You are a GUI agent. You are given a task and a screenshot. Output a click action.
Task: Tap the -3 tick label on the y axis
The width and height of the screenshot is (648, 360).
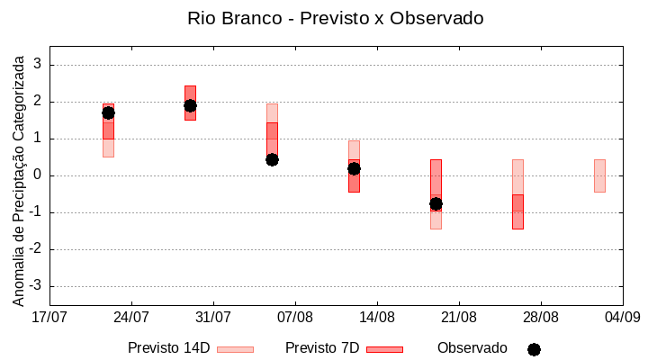[x=36, y=286]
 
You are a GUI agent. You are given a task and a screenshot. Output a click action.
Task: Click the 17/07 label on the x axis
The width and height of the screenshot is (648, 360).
[x=49, y=316]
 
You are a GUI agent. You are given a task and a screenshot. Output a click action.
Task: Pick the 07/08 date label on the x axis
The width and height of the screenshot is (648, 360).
[x=295, y=316]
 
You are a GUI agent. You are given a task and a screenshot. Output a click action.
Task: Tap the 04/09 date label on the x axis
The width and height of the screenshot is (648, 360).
[x=622, y=316]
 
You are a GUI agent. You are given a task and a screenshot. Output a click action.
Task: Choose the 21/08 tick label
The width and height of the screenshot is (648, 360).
[x=458, y=316]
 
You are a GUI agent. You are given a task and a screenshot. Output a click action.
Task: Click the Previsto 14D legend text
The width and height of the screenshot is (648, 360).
[x=168, y=347]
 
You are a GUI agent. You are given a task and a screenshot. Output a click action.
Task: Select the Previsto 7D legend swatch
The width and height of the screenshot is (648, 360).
[x=384, y=349]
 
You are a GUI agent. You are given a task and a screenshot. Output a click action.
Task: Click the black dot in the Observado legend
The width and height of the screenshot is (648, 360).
[x=534, y=349]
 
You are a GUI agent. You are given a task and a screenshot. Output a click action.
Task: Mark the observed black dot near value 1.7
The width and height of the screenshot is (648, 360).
[x=108, y=112]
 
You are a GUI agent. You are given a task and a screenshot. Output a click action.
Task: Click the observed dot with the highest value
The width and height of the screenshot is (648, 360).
[x=190, y=105]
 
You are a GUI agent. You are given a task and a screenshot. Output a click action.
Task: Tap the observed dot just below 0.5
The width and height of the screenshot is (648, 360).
[x=272, y=159]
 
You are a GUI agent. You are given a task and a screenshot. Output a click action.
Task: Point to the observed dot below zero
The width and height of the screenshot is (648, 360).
[x=436, y=203]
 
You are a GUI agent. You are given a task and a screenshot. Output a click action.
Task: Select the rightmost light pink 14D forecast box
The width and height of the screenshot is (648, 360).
[x=599, y=175]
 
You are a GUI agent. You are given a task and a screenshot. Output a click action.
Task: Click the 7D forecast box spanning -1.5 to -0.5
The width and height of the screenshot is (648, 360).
[x=517, y=211]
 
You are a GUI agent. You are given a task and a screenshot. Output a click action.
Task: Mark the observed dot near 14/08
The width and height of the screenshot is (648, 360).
[x=354, y=168]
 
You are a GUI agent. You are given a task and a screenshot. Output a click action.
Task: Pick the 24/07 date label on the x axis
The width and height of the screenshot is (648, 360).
[x=131, y=316]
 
